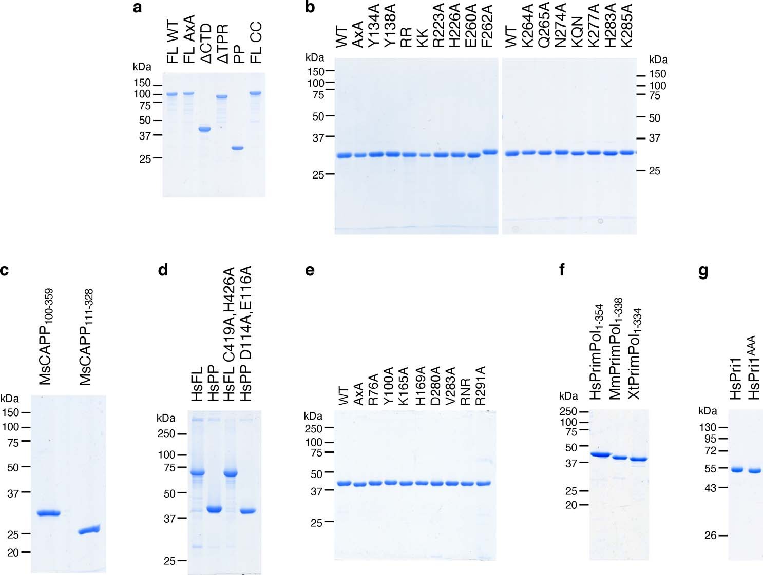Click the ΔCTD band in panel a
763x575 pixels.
(204, 129)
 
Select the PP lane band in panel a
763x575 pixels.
(237, 148)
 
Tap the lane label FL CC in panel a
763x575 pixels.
(256, 42)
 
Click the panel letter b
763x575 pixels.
(310, 7)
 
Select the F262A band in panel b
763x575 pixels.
(490, 152)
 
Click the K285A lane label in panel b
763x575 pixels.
(627, 26)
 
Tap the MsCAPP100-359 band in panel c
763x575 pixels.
(48, 512)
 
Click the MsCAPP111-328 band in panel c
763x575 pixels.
(89, 530)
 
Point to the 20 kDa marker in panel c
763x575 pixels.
(13, 552)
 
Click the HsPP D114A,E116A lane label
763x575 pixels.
(246, 333)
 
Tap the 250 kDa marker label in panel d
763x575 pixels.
(166, 434)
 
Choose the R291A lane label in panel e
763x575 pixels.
(481, 386)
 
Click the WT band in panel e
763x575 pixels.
(344, 483)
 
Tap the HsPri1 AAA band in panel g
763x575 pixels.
(754, 470)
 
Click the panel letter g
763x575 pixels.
(703, 270)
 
